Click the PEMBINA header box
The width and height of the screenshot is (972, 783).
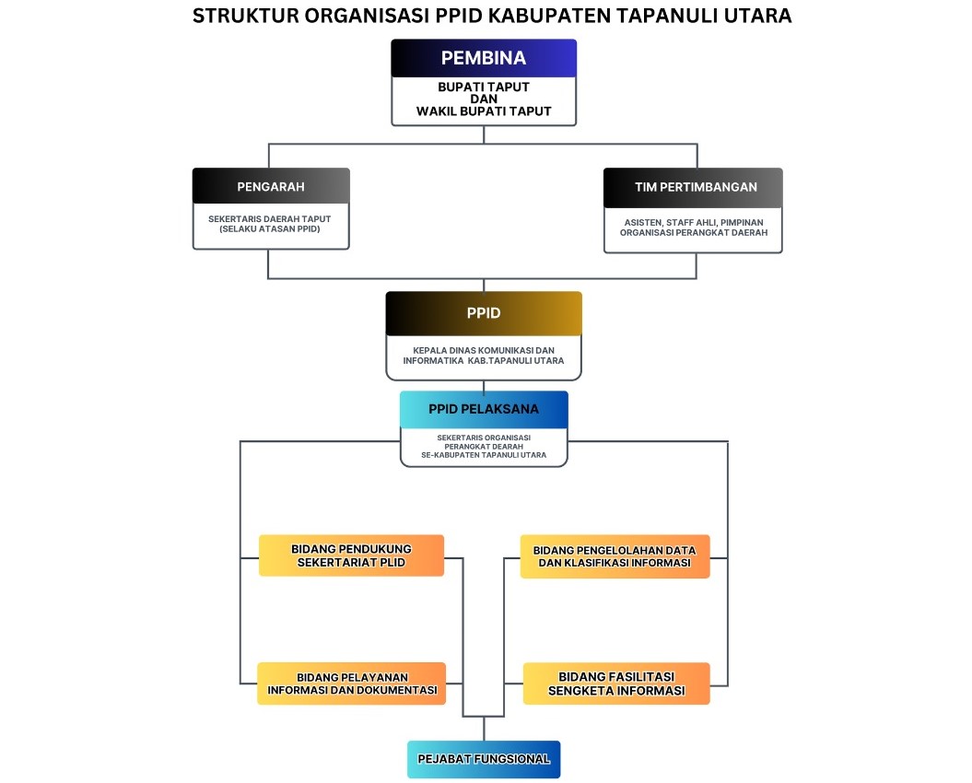(484, 58)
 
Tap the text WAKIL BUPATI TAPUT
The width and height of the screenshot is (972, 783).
(484, 111)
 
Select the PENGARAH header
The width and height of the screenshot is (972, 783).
(271, 186)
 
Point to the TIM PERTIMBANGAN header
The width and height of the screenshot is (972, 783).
(693, 187)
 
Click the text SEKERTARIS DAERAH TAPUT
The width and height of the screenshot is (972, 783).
(270, 219)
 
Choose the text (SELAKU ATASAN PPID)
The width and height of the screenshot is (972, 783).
(270, 228)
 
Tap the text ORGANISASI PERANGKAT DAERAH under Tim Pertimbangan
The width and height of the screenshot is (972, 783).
(694, 232)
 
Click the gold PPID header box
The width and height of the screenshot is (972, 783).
(484, 313)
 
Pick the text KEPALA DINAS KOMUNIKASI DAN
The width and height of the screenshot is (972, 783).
(484, 350)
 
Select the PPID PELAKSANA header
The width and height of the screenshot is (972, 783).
(484, 409)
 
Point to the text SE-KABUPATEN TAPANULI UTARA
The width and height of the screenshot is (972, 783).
(484, 455)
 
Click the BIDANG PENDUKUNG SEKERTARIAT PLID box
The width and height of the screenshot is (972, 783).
(351, 555)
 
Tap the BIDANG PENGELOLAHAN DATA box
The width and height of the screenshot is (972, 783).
(615, 556)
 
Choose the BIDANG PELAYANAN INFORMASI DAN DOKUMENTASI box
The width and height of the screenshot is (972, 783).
(351, 684)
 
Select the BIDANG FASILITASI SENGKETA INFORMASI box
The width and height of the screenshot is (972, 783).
(616, 684)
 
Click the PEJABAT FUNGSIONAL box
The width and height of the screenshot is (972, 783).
(484, 759)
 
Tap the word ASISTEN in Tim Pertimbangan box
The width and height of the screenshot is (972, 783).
(643, 223)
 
